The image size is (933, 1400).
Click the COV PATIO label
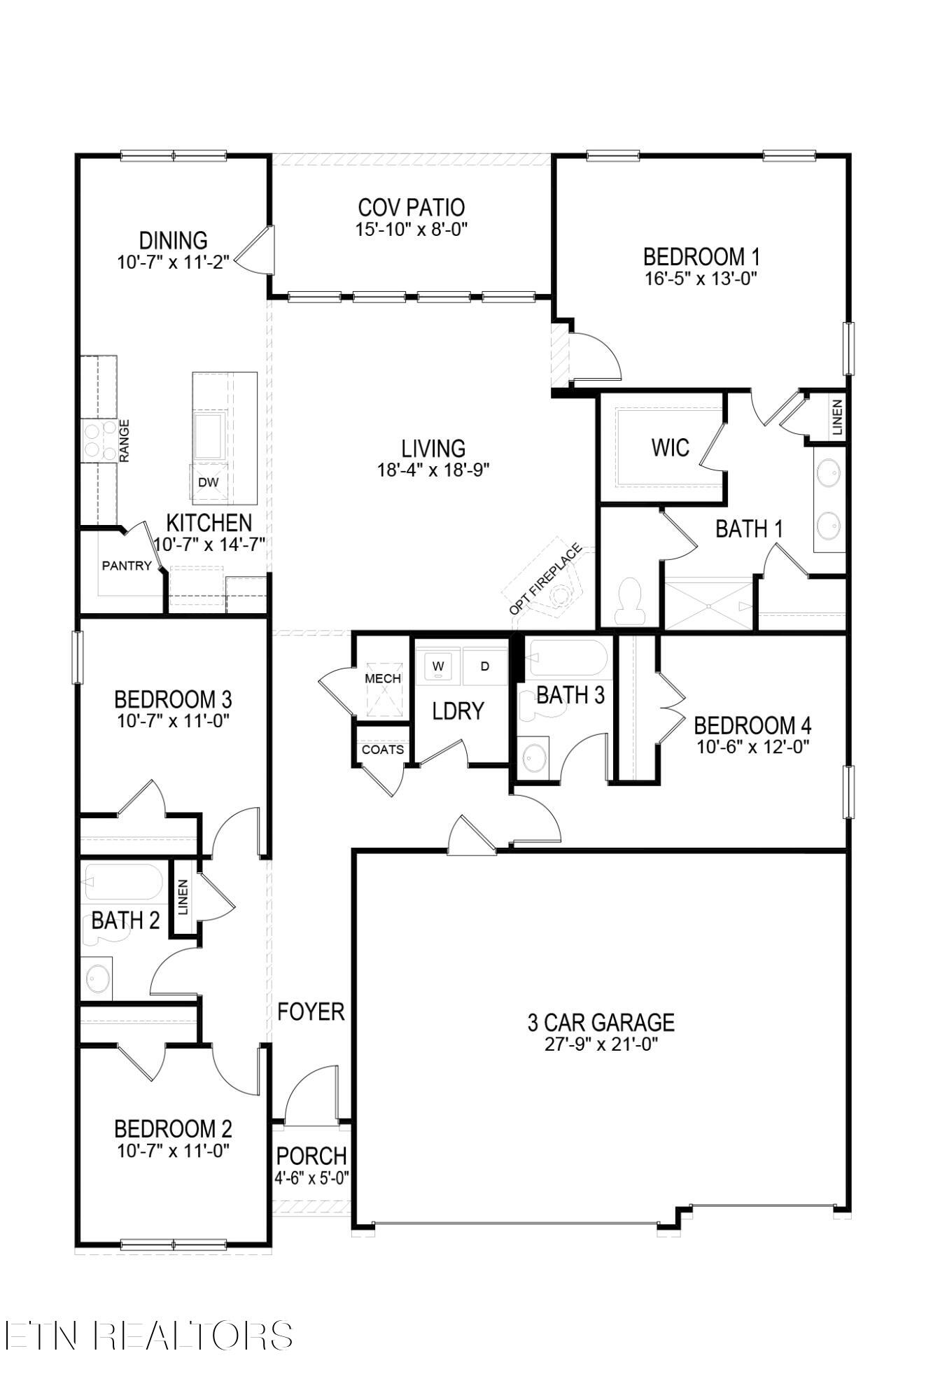tap(411, 208)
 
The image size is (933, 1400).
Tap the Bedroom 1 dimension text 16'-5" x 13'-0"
tap(701, 279)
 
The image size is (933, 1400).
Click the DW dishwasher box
tap(209, 482)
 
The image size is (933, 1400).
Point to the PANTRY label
tap(127, 566)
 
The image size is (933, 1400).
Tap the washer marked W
tap(438, 666)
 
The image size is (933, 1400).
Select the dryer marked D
tap(484, 666)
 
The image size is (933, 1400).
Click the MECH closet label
tap(383, 678)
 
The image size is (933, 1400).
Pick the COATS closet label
tap(383, 750)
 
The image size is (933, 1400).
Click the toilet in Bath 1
tap(630, 601)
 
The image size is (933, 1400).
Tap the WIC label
tap(670, 448)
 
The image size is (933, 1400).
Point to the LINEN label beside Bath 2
tap(183, 897)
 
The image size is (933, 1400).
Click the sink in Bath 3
tap(535, 757)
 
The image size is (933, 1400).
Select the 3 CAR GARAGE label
tap(601, 1023)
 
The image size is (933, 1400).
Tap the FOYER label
tap(311, 1011)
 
